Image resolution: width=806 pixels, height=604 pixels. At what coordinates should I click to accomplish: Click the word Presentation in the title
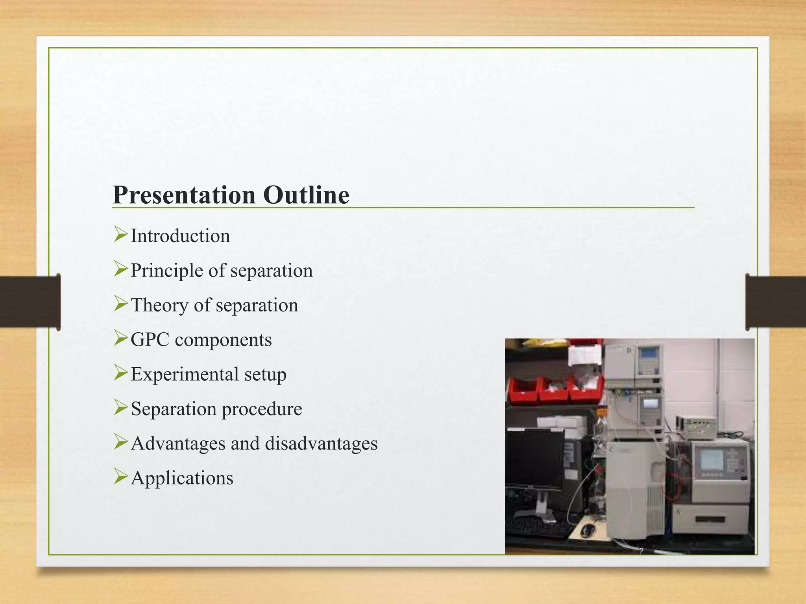(184, 195)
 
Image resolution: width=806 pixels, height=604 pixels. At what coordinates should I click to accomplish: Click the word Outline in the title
(306, 195)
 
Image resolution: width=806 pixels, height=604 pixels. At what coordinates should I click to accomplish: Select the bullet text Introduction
(180, 236)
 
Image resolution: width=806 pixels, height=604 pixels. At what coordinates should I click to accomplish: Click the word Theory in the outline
(159, 305)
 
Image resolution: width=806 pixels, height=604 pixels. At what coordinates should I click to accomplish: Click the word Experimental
(185, 374)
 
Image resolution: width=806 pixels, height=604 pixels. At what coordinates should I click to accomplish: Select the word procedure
(262, 409)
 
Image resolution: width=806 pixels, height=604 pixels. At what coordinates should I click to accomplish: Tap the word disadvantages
(321, 444)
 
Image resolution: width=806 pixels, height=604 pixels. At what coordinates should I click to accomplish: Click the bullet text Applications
(182, 478)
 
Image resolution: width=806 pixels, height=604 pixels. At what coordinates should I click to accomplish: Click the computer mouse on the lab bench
(587, 530)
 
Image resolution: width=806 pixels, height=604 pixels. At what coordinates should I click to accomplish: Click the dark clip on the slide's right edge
(775, 302)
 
